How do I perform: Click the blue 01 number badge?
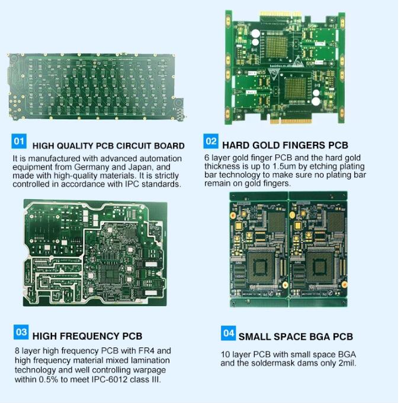tap(19, 141)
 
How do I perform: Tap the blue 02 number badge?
tap(211, 141)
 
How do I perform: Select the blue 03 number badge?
tap(21, 332)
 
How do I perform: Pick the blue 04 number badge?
tap(228, 333)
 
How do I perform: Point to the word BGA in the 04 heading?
tap(320, 337)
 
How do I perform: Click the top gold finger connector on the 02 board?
tap(280, 14)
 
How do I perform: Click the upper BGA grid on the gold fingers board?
tap(277, 47)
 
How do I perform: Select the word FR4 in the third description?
tap(146, 351)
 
